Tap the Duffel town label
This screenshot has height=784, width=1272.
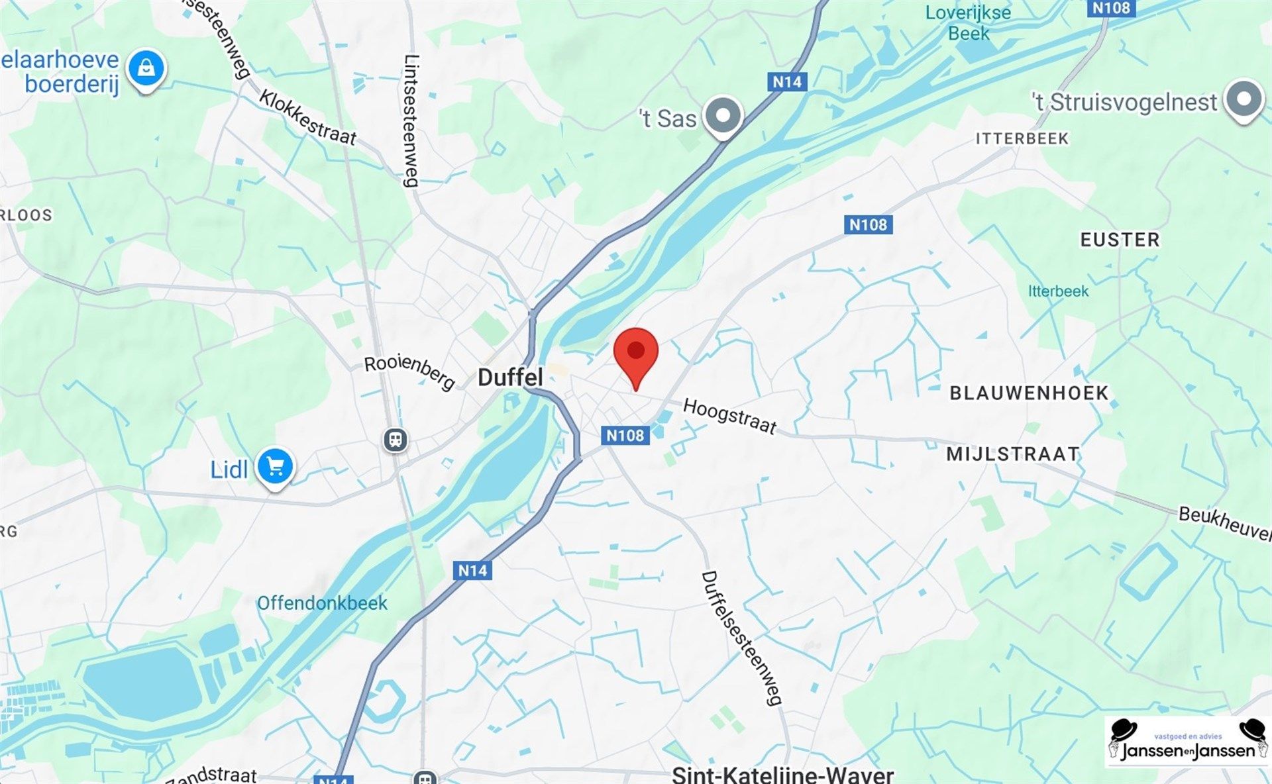[510, 377]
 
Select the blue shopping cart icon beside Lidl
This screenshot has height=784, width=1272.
[276, 467]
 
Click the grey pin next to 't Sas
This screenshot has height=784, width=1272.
[723, 116]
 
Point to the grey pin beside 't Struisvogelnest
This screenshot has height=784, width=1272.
[1244, 99]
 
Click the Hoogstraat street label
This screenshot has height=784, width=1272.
[729, 416]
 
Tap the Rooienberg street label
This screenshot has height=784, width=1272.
[409, 371]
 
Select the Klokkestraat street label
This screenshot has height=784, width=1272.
[307, 117]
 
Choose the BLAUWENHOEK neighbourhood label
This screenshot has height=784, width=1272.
[1029, 393]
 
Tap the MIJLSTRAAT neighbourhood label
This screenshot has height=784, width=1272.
[1013, 454]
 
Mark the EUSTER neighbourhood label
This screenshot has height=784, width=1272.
[1120, 240]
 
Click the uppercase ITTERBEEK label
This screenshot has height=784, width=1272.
[1022, 138]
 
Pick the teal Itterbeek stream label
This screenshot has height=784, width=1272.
[1058, 291]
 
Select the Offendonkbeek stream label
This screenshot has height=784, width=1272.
[322, 603]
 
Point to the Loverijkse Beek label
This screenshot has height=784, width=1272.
[968, 23]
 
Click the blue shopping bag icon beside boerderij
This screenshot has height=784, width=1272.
[146, 68]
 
